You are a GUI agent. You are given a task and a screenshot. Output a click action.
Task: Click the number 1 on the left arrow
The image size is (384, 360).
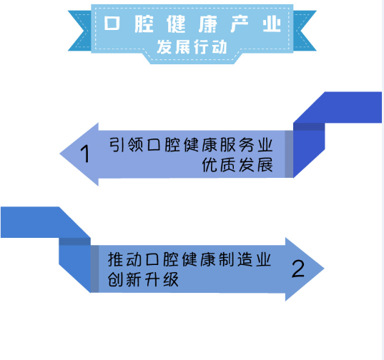point(85,154)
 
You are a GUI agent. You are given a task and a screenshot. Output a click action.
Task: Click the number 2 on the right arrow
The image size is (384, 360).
point(298,269)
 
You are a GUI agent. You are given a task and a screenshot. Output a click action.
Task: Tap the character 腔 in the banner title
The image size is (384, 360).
point(144,24)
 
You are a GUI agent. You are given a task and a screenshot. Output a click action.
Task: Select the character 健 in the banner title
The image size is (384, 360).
point(176,24)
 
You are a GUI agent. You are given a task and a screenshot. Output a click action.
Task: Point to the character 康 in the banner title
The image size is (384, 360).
point(208,24)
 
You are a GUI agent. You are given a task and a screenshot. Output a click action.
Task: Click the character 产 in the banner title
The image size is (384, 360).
point(240,24)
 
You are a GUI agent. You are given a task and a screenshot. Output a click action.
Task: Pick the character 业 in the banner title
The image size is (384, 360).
point(272,24)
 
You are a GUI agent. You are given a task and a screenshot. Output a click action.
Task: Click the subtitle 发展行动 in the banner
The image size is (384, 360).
point(192,47)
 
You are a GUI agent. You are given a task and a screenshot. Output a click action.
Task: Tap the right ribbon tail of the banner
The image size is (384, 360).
point(304,31)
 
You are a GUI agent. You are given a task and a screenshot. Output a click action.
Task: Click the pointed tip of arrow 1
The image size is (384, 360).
point(60,154)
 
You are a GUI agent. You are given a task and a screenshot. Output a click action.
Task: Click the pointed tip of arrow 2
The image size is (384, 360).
point(324,269)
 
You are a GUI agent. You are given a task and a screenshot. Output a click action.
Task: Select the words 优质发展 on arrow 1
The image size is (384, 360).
point(237,165)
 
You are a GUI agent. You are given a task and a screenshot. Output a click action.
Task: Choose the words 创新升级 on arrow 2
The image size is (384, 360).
point(143,279)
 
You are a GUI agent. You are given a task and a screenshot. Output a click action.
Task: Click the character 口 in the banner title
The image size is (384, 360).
point(112,24)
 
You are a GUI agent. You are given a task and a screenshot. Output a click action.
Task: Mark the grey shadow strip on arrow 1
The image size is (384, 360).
point(289,154)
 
